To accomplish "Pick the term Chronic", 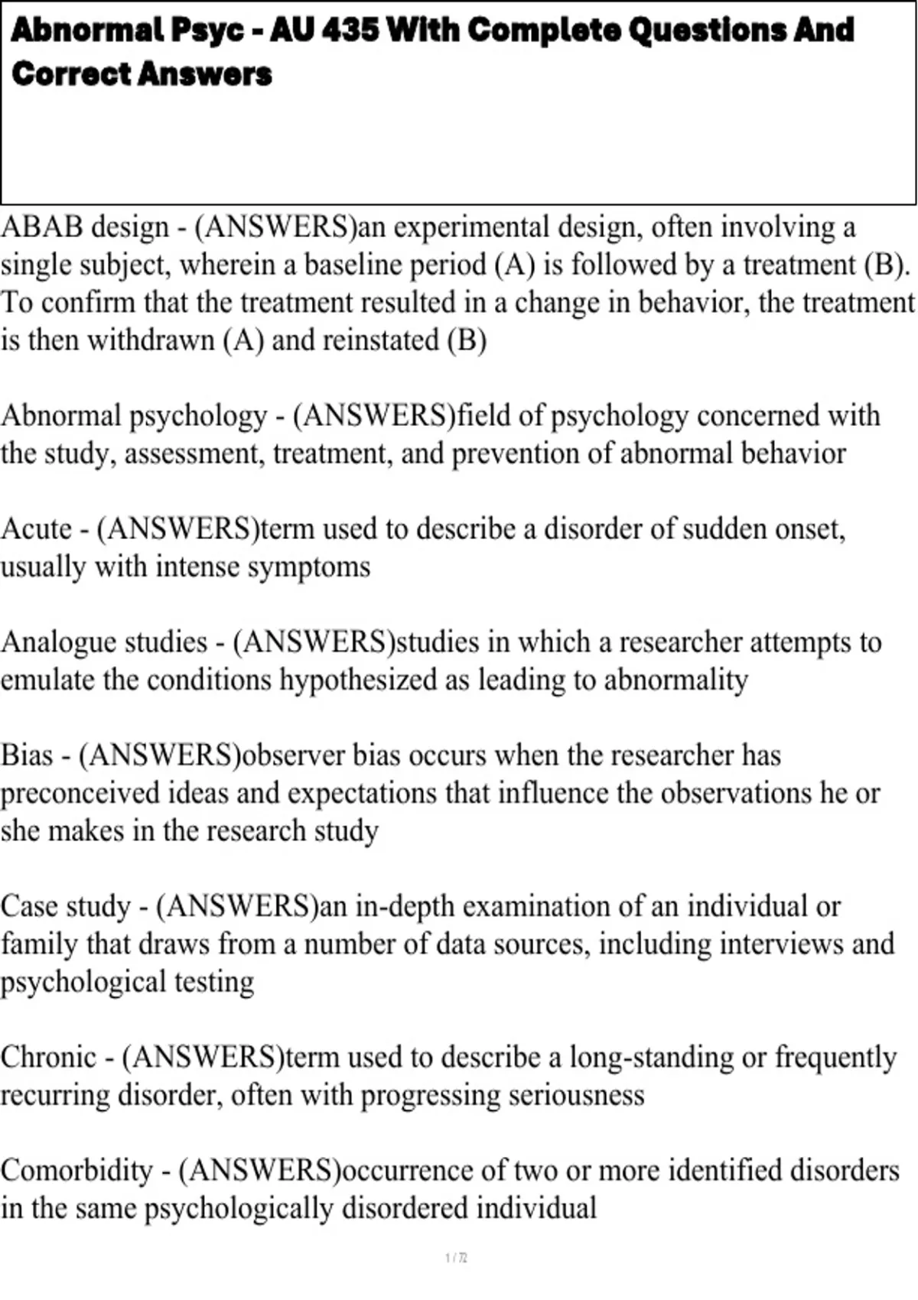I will tap(48, 1058).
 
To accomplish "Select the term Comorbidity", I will tap(76, 1171).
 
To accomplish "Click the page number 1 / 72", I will tap(456, 1257).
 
